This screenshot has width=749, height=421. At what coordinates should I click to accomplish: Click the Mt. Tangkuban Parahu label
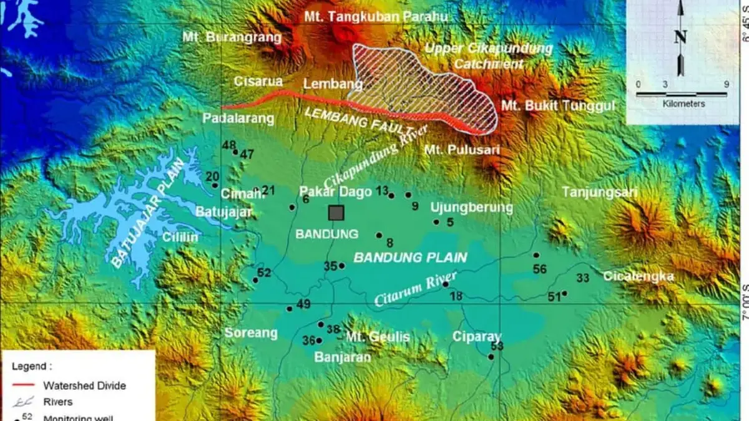click(376, 17)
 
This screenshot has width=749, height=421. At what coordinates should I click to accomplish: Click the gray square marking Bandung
click(336, 213)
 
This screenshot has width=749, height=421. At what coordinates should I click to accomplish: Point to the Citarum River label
click(416, 289)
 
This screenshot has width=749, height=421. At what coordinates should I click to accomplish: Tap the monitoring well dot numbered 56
click(536, 255)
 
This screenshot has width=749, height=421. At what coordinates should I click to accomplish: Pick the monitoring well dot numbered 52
click(255, 280)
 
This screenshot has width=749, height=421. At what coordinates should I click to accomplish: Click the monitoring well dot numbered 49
click(289, 309)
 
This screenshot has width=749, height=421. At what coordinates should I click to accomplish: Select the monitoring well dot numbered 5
click(436, 222)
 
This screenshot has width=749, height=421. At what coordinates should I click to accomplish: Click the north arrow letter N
click(680, 37)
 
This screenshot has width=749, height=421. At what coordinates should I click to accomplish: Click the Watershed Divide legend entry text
click(84, 385)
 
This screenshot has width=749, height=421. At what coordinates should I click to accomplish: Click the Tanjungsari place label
click(600, 193)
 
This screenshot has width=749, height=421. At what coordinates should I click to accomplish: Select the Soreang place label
click(251, 333)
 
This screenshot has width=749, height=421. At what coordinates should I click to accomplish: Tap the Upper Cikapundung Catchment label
click(488, 56)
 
